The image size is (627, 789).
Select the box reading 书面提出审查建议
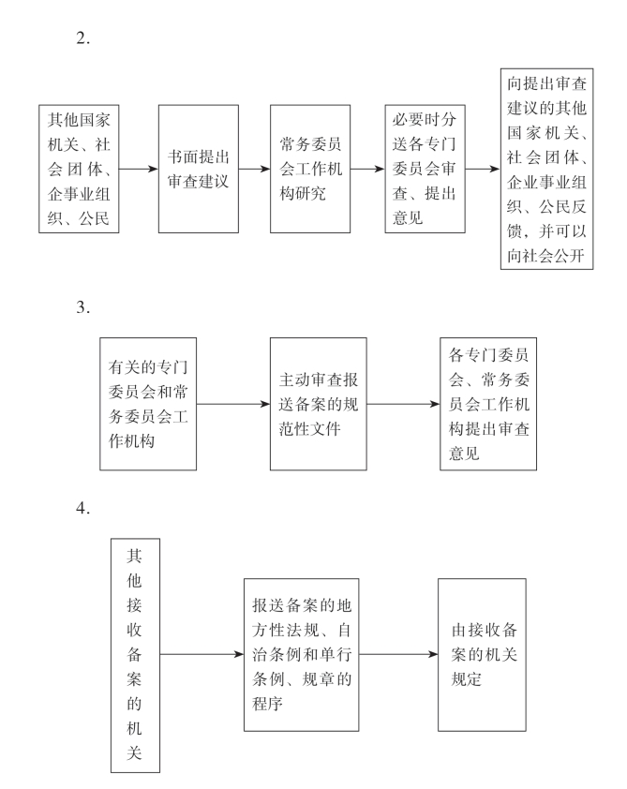[x=196, y=169]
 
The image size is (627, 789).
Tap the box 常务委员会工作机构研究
[x=309, y=169]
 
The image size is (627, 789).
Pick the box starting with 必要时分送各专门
[x=425, y=169]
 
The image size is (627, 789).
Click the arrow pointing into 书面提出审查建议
[x=140, y=170]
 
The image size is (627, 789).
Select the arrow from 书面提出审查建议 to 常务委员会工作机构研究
[x=252, y=170]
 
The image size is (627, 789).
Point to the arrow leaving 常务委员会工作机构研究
[x=366, y=170]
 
